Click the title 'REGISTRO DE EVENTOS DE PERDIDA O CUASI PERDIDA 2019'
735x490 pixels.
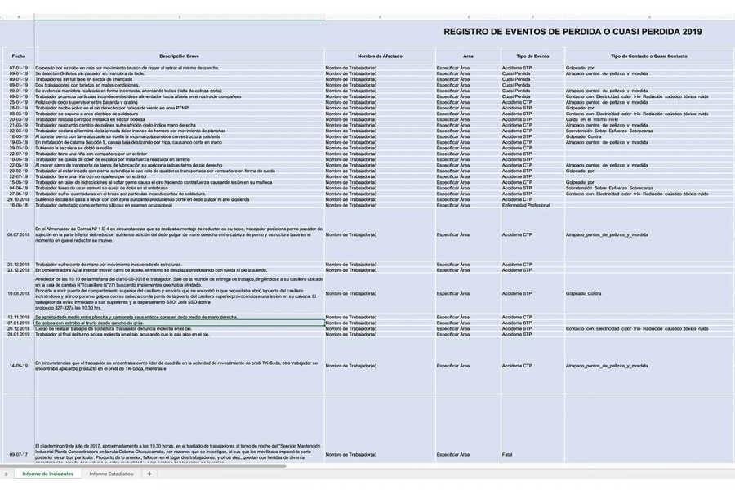572,32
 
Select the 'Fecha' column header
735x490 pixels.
18,56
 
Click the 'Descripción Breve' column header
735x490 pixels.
179,56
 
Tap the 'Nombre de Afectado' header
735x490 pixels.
380,56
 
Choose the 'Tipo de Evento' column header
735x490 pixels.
532,56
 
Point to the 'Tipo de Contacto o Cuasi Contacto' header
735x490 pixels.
649,56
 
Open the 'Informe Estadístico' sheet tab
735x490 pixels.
111,474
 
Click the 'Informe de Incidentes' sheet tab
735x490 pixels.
47,474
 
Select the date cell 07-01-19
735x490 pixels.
18,68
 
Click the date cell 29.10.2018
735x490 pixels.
18,199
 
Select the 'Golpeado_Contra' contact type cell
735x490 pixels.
583,293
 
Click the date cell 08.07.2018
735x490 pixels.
18,234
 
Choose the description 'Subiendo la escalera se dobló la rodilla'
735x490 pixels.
82,148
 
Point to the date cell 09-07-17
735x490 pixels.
18,454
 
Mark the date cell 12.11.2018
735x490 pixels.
18,317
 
